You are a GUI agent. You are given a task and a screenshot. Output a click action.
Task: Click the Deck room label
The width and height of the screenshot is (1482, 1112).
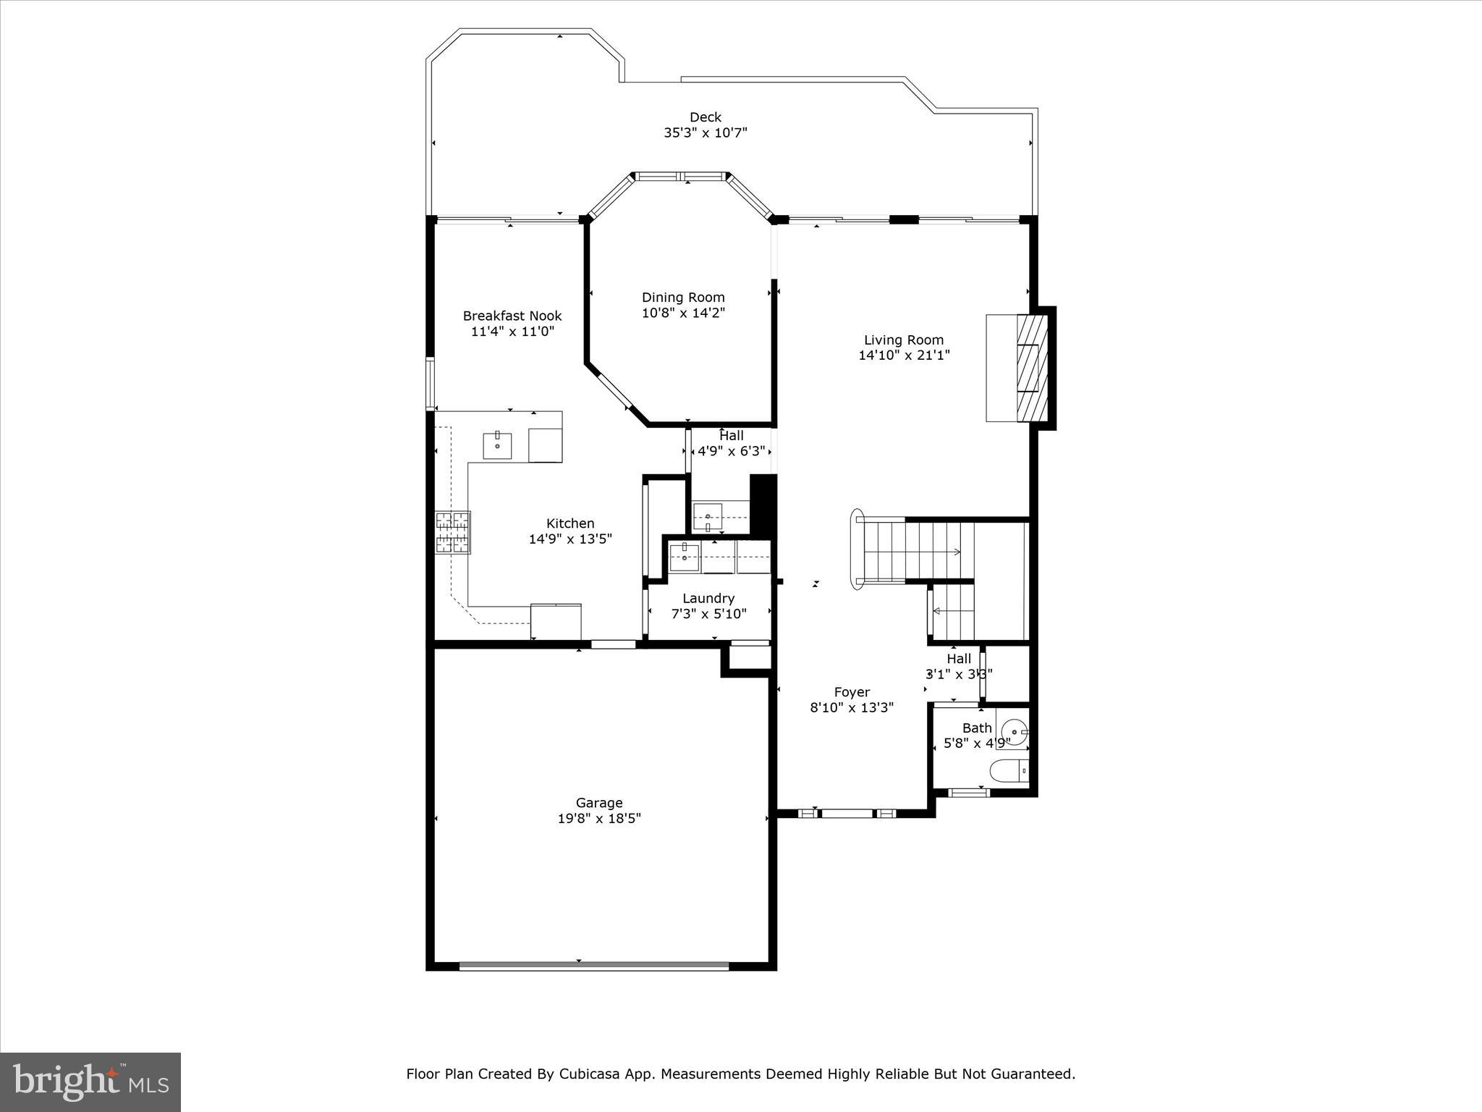click(705, 117)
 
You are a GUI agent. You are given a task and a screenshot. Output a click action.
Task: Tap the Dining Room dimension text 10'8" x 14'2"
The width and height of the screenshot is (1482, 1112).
click(683, 313)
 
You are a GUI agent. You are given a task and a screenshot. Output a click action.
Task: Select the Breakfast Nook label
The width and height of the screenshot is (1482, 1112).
click(512, 316)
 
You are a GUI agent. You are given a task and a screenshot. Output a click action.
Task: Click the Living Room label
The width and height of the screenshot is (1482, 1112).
click(904, 340)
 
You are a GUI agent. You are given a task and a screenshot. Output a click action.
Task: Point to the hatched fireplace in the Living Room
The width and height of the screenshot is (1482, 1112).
click(1032, 368)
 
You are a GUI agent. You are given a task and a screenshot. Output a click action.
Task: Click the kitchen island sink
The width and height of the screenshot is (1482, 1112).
click(497, 445)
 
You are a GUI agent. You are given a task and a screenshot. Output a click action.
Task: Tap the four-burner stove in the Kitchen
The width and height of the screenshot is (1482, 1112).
click(452, 532)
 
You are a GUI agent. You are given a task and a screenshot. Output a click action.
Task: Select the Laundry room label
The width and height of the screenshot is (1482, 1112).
click(708, 598)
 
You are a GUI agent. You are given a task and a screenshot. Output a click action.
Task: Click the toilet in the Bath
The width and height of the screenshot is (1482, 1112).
click(1009, 772)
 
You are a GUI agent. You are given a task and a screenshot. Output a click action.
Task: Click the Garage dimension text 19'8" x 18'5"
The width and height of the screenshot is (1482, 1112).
click(599, 819)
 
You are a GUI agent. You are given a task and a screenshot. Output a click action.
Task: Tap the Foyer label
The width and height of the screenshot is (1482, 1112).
click(852, 692)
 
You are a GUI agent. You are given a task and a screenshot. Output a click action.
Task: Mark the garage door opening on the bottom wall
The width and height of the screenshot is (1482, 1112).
click(593, 965)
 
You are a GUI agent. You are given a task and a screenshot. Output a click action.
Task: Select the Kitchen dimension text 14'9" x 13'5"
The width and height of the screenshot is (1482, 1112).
click(570, 539)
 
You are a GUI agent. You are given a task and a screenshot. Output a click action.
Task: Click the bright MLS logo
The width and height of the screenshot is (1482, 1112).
click(90, 1082)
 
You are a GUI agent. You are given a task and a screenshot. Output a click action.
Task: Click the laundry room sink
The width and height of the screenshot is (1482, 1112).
click(684, 557)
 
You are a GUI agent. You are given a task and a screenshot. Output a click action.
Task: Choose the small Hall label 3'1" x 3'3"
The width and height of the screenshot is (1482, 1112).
click(959, 674)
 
